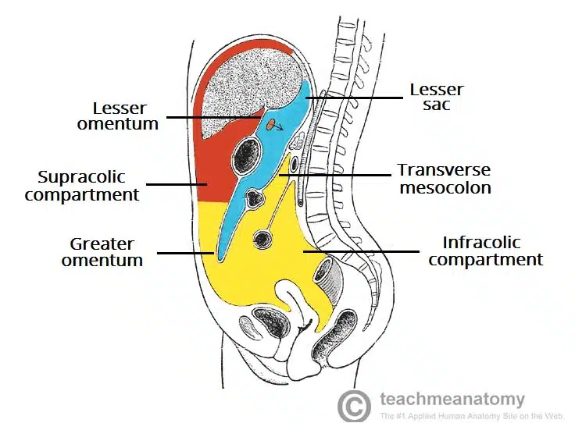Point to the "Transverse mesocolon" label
click(x=444, y=179)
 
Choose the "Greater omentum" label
click(x=102, y=252)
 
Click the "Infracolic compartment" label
click(x=485, y=251)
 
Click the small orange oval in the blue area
click(x=270, y=124)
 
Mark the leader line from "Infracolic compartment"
click(x=359, y=251)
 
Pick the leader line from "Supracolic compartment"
click(x=176, y=185)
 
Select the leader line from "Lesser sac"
click(x=352, y=97)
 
